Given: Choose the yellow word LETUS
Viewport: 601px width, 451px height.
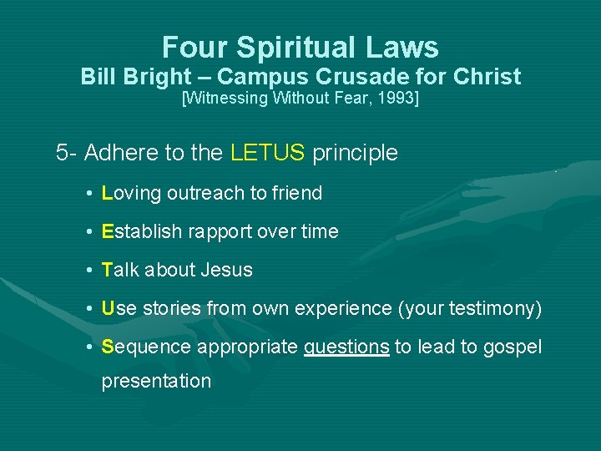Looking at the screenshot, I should (x=267, y=153).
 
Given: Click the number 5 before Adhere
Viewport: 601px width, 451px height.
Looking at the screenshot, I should (x=62, y=153).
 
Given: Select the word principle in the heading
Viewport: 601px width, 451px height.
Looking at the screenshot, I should (x=355, y=153).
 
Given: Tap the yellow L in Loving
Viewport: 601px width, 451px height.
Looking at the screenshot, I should (x=106, y=193).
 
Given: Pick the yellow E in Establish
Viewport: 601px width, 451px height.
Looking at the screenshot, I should (x=107, y=231).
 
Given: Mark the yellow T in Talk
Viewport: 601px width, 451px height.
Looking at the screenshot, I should (x=106, y=270).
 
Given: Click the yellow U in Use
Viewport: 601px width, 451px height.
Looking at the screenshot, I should (x=108, y=309).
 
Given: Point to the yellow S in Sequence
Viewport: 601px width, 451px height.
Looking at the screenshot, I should (x=107, y=347).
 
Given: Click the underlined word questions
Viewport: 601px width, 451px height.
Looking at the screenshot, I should (x=346, y=347).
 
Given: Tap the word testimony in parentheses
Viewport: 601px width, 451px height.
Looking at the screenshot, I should (x=492, y=309).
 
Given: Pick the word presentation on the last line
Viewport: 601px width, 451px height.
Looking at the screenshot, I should (x=156, y=381).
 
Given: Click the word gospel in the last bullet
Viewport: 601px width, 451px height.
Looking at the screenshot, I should (x=513, y=347).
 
